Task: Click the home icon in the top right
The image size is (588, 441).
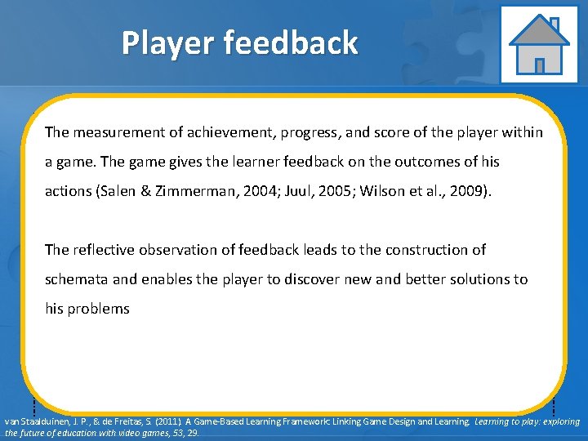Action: click(x=538, y=44)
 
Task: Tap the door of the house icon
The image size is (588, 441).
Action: click(x=538, y=64)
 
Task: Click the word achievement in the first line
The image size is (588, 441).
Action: click(x=220, y=132)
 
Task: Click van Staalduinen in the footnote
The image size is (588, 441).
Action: click(x=33, y=422)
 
